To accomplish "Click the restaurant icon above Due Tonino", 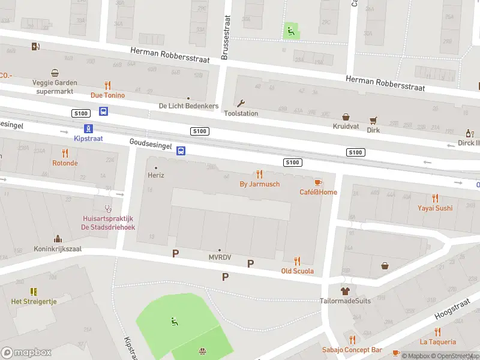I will (108, 85).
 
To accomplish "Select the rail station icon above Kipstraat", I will (88, 128).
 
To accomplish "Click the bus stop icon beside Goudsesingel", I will (180, 151).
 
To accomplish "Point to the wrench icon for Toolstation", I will (241, 103).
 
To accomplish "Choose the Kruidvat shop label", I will (346, 127).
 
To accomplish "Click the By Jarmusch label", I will (259, 184).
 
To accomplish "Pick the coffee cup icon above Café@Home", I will (318, 182).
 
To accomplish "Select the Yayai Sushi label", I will (435, 208).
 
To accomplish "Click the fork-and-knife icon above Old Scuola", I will (297, 261).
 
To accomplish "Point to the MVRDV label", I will (219, 257).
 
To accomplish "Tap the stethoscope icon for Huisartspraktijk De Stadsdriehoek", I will (109, 209).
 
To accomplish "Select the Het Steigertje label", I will (34, 301).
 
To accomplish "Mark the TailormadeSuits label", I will (346, 301).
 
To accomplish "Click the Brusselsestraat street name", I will (226, 37).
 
